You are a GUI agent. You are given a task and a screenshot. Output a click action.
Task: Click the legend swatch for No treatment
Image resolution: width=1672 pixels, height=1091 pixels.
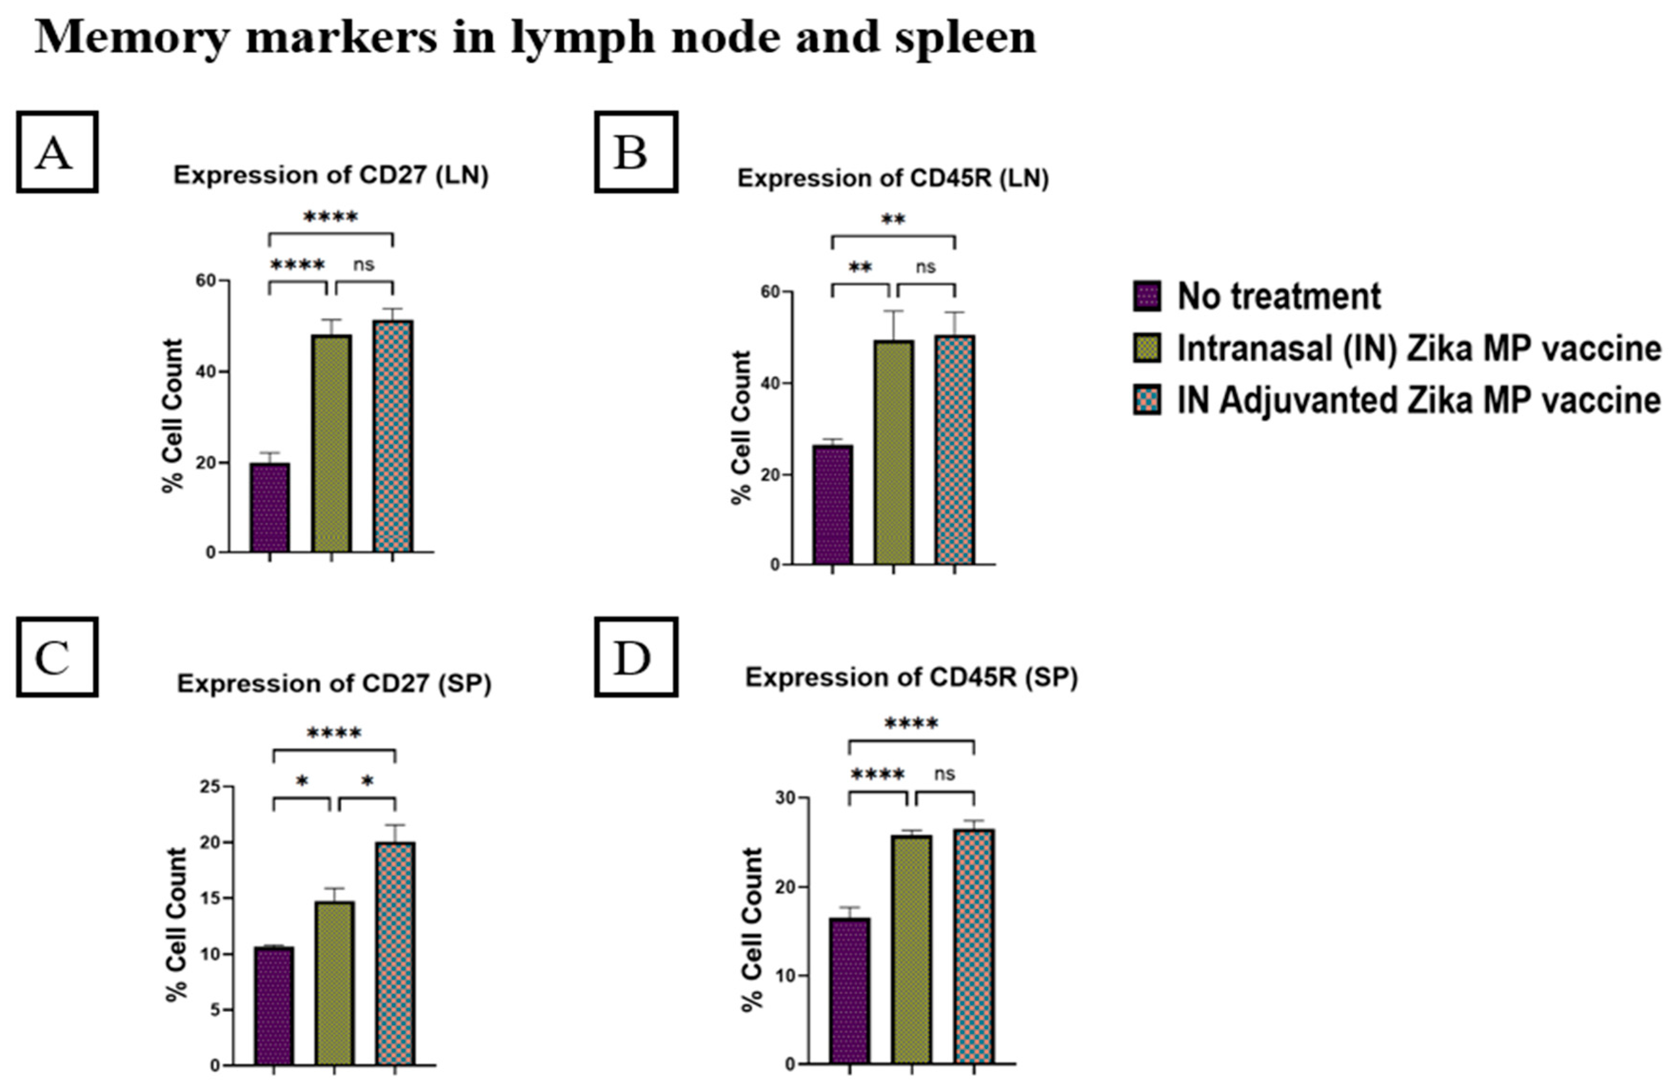pyautogui.click(x=1147, y=296)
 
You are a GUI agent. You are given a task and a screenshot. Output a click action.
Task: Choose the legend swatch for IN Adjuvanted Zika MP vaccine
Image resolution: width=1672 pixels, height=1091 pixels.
pyautogui.click(x=1147, y=400)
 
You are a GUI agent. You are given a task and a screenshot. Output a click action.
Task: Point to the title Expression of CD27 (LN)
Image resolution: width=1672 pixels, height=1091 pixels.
pyautogui.click(x=331, y=175)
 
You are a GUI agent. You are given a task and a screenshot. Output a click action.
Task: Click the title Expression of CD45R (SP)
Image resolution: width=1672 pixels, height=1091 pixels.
pyautogui.click(x=911, y=678)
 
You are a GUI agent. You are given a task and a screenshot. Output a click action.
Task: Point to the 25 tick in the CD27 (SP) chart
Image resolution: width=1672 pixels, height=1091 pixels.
pyautogui.click(x=208, y=787)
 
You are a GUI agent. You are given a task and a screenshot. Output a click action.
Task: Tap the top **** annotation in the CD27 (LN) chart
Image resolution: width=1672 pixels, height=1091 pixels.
pyautogui.click(x=331, y=217)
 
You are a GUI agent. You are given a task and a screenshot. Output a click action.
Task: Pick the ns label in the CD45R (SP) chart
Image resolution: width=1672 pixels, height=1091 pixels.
pyautogui.click(x=945, y=773)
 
